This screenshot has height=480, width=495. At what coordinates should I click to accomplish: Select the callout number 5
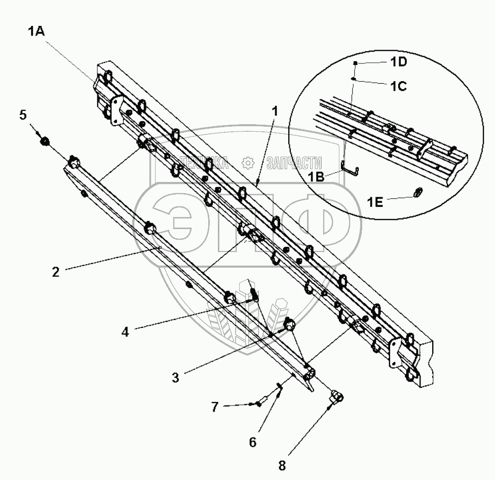23,115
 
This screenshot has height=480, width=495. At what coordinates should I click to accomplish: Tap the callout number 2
56,272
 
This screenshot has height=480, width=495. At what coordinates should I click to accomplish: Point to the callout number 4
126,332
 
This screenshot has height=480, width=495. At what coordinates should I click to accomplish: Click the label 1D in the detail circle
399,63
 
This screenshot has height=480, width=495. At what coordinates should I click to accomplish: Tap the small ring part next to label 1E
418,192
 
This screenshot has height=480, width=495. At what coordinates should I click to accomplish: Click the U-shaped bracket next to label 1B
352,169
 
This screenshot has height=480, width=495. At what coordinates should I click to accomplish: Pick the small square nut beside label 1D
356,62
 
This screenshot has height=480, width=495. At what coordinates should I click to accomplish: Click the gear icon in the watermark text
248,162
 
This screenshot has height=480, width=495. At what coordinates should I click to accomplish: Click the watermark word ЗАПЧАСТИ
294,162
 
